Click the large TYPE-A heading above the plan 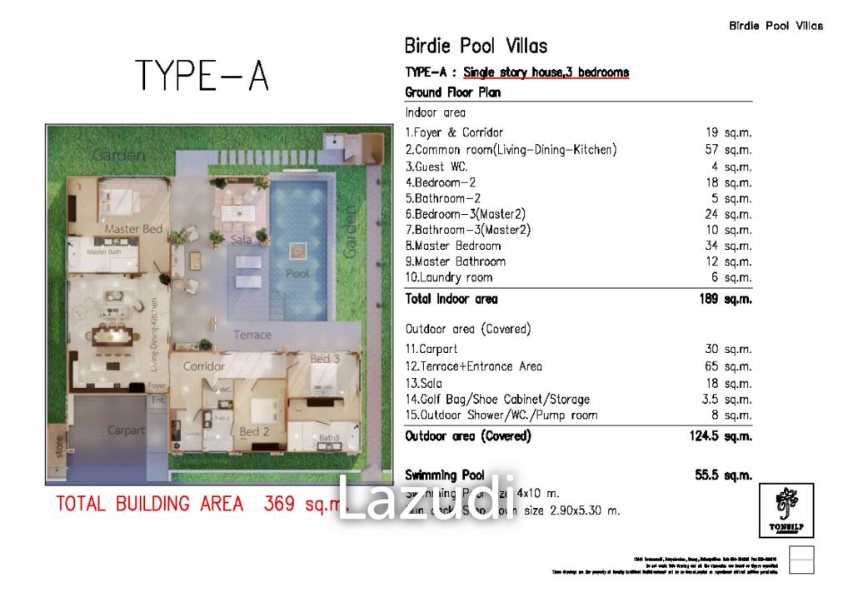click(x=202, y=76)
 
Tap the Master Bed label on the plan click(x=133, y=229)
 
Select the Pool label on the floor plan click(x=297, y=273)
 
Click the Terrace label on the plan click(x=252, y=335)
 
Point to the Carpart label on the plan click(x=125, y=430)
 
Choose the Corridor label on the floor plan click(x=204, y=366)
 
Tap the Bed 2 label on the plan click(x=254, y=432)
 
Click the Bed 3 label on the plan click(x=325, y=360)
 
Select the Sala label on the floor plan click(x=242, y=239)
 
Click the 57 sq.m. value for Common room click(x=728, y=150)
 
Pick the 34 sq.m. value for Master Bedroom click(x=728, y=246)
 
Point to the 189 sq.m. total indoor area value click(x=726, y=299)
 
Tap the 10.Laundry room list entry click(x=449, y=277)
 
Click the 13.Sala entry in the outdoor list click(x=424, y=383)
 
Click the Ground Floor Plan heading click(x=452, y=92)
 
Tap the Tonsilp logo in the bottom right click(x=786, y=510)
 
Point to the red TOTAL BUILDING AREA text click(x=150, y=504)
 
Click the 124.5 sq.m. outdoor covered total click(x=721, y=436)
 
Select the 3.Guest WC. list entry click(x=436, y=167)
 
